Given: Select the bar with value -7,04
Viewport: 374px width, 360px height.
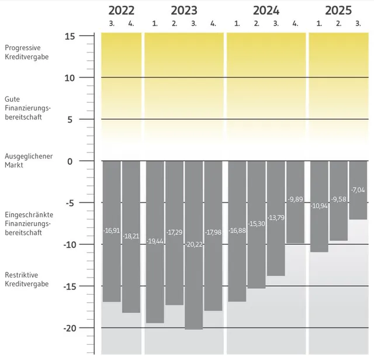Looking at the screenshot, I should pyautogui.click(x=358, y=199).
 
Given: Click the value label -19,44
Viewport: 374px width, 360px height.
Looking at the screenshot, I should pyautogui.click(x=155, y=241).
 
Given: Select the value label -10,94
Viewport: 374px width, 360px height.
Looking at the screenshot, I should pyautogui.click(x=319, y=206).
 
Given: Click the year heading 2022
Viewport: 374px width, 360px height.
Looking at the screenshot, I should pyautogui.click(x=122, y=10).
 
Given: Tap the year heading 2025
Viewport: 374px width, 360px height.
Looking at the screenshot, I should pyautogui.click(x=338, y=10).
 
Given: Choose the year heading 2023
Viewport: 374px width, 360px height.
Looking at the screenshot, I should pyautogui.click(x=184, y=10).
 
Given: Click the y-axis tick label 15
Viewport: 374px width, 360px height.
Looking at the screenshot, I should pyautogui.click(x=70, y=36).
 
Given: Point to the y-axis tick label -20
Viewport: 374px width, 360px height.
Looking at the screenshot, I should pyautogui.click(x=68, y=328).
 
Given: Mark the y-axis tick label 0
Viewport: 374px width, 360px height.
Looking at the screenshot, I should pyautogui.click(x=72, y=161).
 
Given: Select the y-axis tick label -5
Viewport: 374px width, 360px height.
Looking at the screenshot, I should pyautogui.click(x=70, y=203).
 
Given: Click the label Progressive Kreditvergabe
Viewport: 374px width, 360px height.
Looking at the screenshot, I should pyautogui.click(x=27, y=52).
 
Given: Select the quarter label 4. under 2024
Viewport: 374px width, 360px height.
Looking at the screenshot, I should pyautogui.click(x=295, y=23).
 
